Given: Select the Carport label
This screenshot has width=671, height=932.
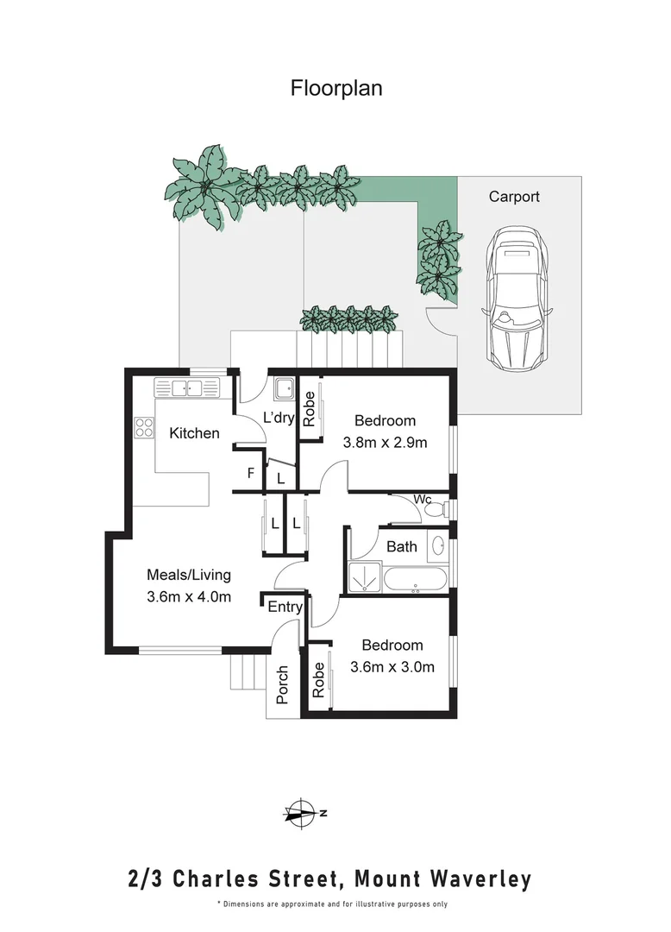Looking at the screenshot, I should tap(514, 197).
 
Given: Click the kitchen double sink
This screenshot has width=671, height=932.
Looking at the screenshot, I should tap(184, 388).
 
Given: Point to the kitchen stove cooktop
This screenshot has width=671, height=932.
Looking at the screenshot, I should tap(143, 427).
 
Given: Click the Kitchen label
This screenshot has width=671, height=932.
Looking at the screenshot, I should tap(194, 433).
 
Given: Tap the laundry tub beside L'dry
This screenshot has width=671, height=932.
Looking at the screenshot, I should tap(283, 391).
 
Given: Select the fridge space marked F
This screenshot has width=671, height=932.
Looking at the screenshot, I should tap(250, 474).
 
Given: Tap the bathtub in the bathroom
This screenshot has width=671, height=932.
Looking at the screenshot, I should tap(416, 580).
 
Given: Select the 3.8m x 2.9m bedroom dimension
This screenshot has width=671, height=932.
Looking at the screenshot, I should tap(386, 442).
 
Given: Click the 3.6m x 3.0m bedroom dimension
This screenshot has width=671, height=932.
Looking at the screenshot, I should tap(392, 666).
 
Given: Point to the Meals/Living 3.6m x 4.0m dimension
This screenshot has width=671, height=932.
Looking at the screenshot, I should tap(189, 596).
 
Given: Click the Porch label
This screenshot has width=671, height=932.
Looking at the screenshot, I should tap(281, 685).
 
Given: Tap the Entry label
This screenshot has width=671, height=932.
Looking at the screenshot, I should tap(285, 608).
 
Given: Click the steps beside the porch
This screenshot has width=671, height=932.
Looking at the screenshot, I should tap(247, 671).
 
